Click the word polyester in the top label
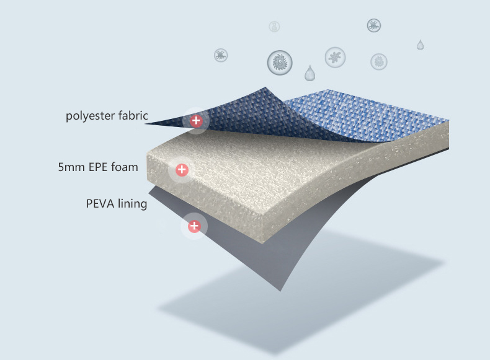point(90,116)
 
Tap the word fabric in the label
point(131,116)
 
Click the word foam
point(125,167)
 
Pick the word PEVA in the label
point(100,204)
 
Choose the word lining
point(132,204)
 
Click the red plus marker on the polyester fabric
point(196,121)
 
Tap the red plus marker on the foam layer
point(182,169)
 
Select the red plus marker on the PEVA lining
point(194,226)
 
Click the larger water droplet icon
point(309,74)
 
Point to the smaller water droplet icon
point(421,45)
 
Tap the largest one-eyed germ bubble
point(280,62)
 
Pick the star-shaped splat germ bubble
point(335,58)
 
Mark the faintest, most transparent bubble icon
point(274,27)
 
